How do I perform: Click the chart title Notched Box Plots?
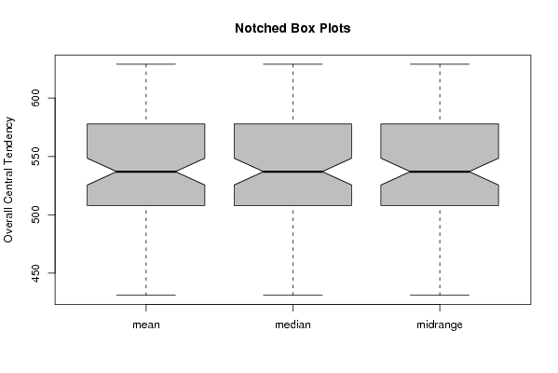[293, 28]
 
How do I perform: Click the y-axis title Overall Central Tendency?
[8, 180]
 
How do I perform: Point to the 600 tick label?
[36, 98]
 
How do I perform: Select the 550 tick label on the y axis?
[36, 157]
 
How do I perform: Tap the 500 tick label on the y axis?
[36, 214]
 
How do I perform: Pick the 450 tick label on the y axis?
[36, 273]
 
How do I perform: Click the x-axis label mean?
[146, 325]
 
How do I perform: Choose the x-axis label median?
[293, 325]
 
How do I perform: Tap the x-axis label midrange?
[440, 325]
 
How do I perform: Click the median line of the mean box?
[146, 172]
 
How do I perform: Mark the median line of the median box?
[293, 172]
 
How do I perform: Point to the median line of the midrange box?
[440, 172]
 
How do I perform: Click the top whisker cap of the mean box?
[146, 64]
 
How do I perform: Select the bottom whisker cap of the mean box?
[146, 295]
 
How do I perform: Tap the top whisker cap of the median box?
[293, 64]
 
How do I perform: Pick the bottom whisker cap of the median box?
[293, 295]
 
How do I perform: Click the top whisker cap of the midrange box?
[440, 64]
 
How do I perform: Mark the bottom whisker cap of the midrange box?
[440, 295]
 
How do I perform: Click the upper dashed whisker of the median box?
[293, 94]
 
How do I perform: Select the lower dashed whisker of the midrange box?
[440, 250]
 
